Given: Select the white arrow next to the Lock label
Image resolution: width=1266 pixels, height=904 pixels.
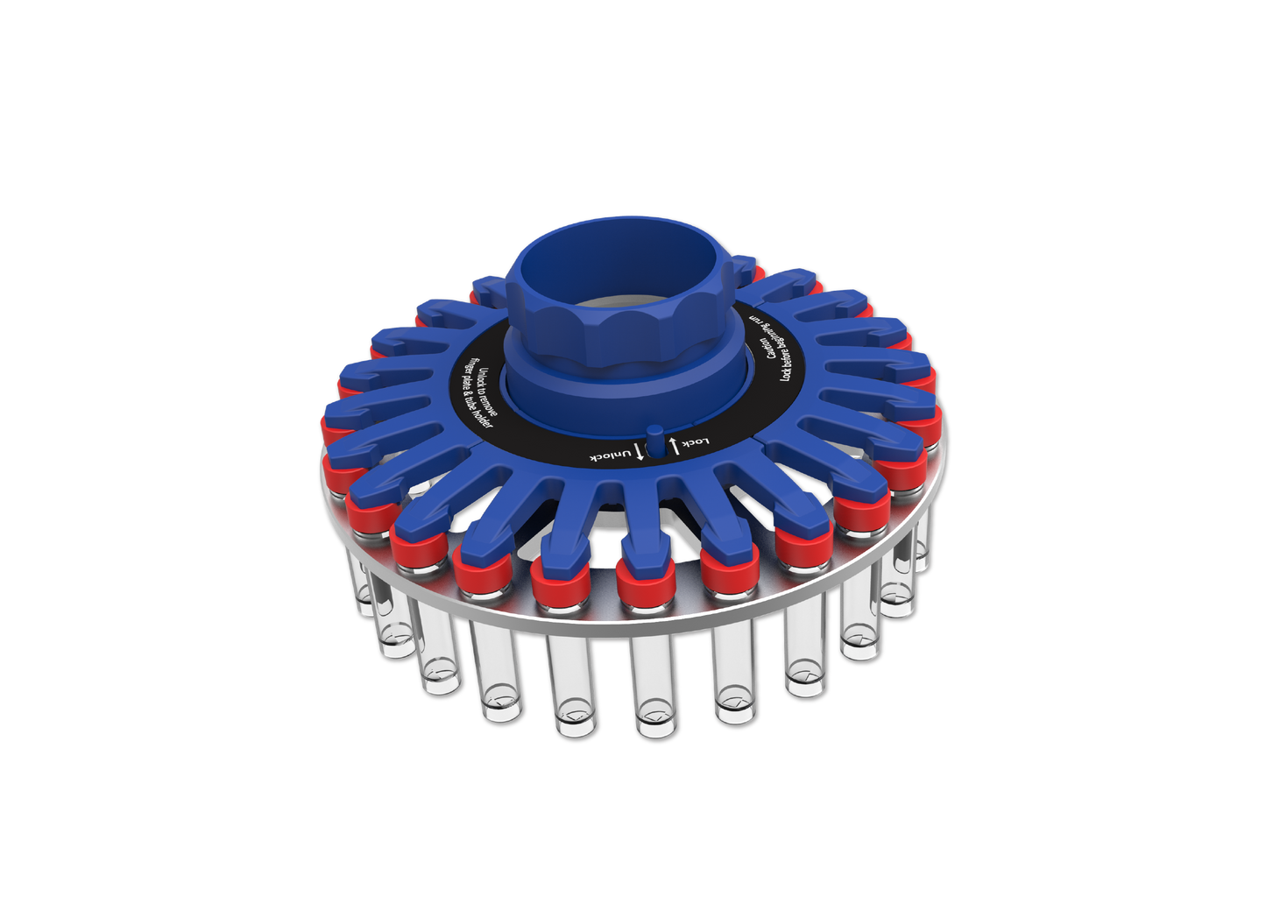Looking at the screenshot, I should [x=673, y=444].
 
